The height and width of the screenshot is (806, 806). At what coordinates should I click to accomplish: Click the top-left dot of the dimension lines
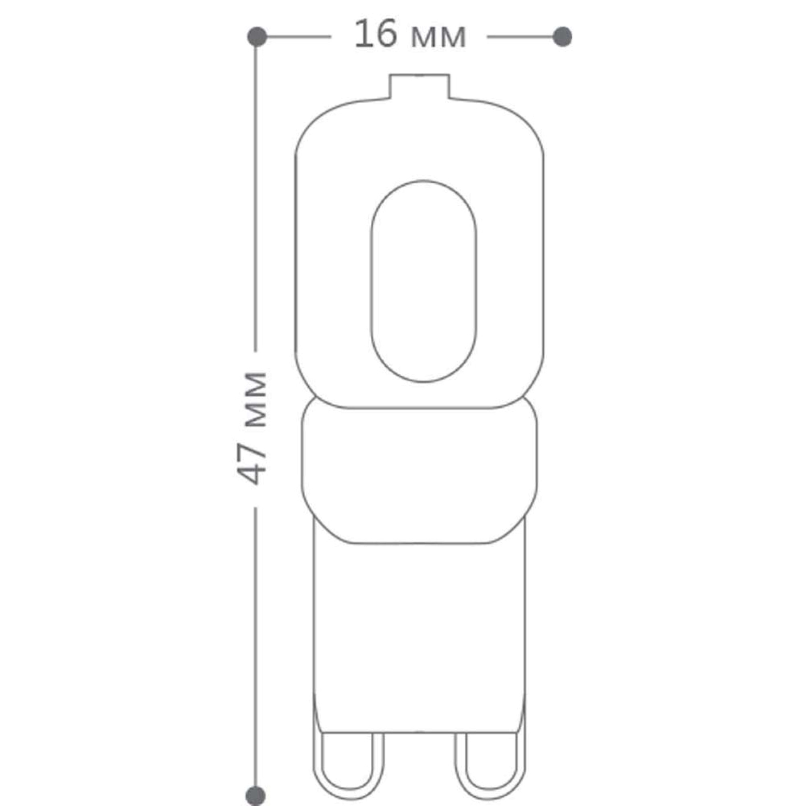pyautogui.click(x=257, y=37)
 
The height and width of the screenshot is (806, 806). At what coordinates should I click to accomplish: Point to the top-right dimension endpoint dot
pyautogui.click(x=562, y=37)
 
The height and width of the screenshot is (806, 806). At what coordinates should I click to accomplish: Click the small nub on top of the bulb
pyautogui.click(x=420, y=87)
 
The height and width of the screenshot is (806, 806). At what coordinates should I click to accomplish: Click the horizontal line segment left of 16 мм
pyautogui.click(x=298, y=37)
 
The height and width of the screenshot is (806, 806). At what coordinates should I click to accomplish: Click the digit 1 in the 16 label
pyautogui.click(x=362, y=36)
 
